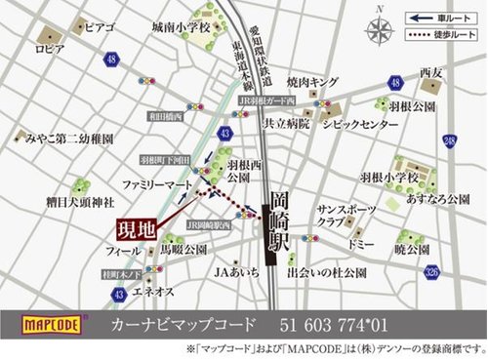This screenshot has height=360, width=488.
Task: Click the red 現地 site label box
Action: pyautogui.click(x=130, y=230)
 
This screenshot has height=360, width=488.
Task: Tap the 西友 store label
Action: pyautogui.click(x=431, y=72)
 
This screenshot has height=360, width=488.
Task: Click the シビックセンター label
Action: pyautogui.click(x=358, y=126)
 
